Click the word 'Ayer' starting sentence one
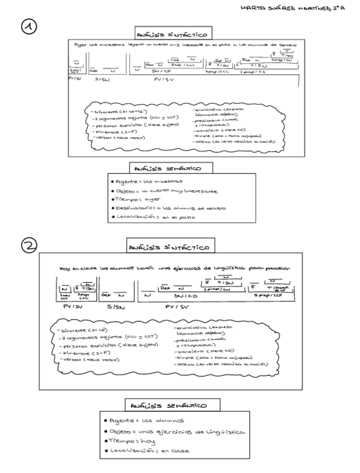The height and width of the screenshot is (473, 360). click(79, 45)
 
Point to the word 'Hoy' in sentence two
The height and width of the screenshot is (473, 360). click(62, 268)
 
